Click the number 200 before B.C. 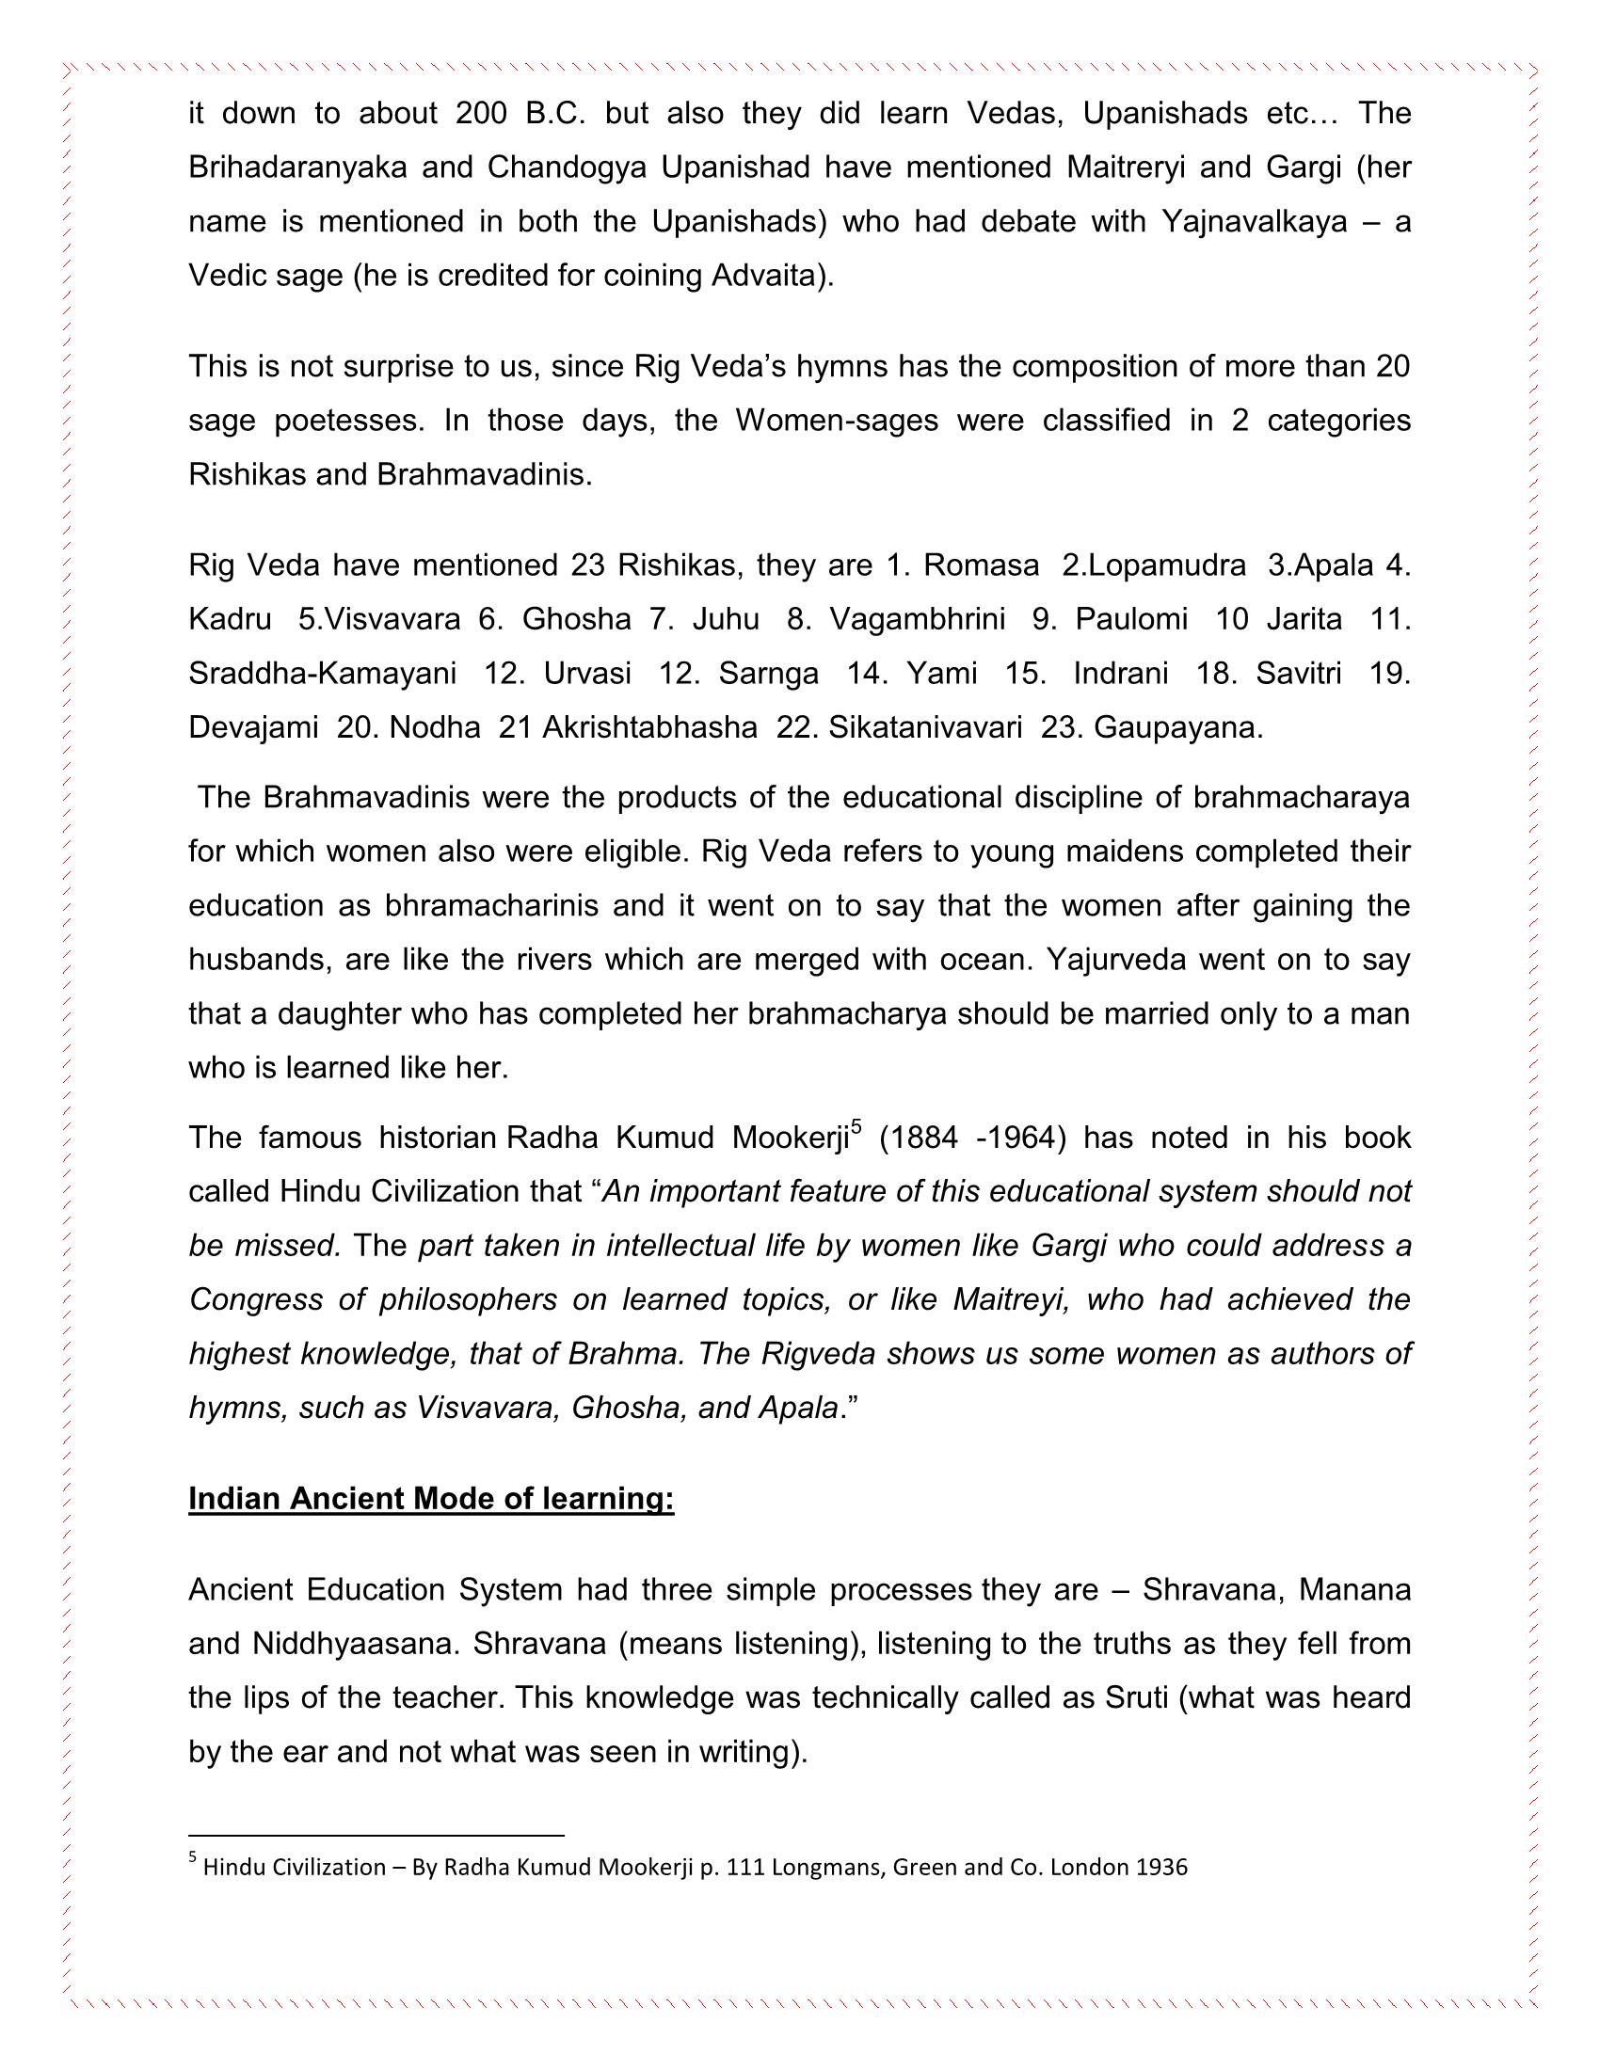(483, 114)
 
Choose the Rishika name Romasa (981, 565)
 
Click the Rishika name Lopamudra (1167, 565)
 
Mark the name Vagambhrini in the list (917, 620)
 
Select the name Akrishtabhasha (650, 728)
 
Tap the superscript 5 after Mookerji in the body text (856, 1127)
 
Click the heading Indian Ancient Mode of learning (431, 1500)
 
